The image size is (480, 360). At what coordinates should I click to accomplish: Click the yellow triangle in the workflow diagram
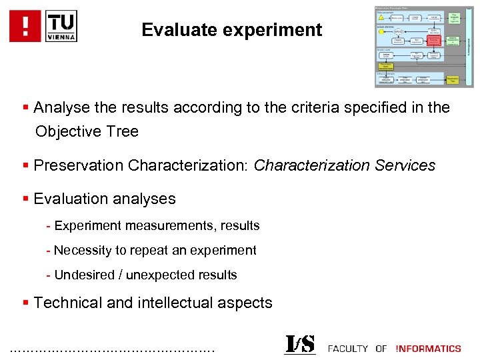point(381,18)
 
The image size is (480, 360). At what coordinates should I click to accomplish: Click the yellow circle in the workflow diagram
point(381,31)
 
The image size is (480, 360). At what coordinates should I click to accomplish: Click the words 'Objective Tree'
point(87,131)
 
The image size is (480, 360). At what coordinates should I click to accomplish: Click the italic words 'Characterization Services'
point(344,165)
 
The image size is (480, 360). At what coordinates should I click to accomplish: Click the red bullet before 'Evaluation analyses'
point(25,199)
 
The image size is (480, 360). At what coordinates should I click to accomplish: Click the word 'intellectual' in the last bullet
point(177,303)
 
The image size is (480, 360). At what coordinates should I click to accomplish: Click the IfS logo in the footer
point(300,345)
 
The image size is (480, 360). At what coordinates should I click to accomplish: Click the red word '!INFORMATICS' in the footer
point(428,348)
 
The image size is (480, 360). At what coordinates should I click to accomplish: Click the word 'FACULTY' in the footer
point(348,348)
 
